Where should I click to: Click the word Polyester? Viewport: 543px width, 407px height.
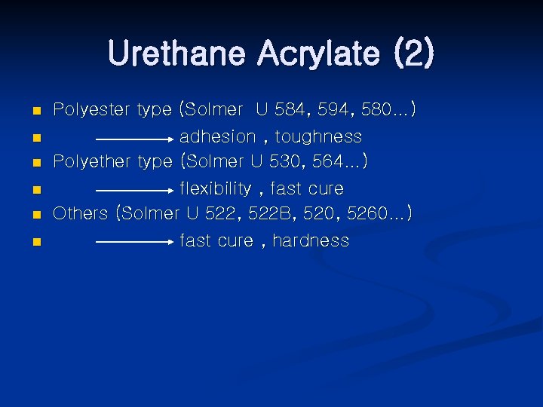[x=90, y=110]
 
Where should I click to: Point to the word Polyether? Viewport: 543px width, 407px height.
[x=90, y=161]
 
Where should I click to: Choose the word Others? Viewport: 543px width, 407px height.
[x=80, y=213]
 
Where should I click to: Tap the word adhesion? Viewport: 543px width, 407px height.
[x=217, y=136]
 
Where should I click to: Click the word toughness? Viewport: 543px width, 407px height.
[x=318, y=136]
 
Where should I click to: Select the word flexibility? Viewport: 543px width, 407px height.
[x=215, y=188]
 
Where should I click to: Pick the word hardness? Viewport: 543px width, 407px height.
[x=311, y=240]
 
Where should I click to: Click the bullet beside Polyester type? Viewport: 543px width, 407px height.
[x=36, y=112]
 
